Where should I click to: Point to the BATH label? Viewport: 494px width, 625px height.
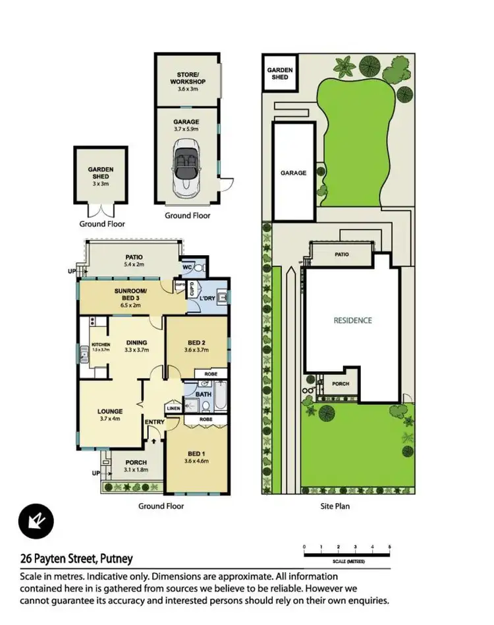click(x=203, y=395)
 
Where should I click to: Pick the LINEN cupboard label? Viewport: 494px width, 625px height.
click(x=173, y=409)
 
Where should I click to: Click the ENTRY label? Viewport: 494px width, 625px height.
click(x=155, y=423)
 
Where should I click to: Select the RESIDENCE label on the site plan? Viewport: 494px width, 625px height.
click(x=352, y=320)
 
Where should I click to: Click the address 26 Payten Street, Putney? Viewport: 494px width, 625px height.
click(x=76, y=558)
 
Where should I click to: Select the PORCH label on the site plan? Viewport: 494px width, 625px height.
click(x=341, y=384)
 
